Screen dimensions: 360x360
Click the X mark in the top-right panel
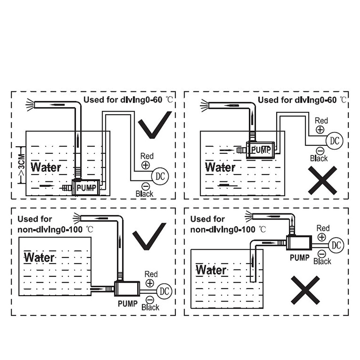tap(322, 180)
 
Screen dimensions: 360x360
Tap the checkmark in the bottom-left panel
tap(149, 239)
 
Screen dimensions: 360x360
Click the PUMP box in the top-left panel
tap(85, 186)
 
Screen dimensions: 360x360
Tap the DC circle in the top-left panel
tap(161, 175)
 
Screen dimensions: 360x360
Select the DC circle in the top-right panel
tap(333, 140)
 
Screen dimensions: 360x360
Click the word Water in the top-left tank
tap(45, 167)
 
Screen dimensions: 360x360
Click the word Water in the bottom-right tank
tap(211, 270)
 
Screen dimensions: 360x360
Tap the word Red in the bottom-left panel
tap(151, 274)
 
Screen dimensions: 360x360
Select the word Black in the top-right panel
tap(319, 158)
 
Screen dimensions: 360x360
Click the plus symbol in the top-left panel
tap(145, 165)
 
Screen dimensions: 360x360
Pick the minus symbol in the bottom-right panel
tap(322, 253)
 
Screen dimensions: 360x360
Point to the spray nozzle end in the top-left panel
tap(30, 104)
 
